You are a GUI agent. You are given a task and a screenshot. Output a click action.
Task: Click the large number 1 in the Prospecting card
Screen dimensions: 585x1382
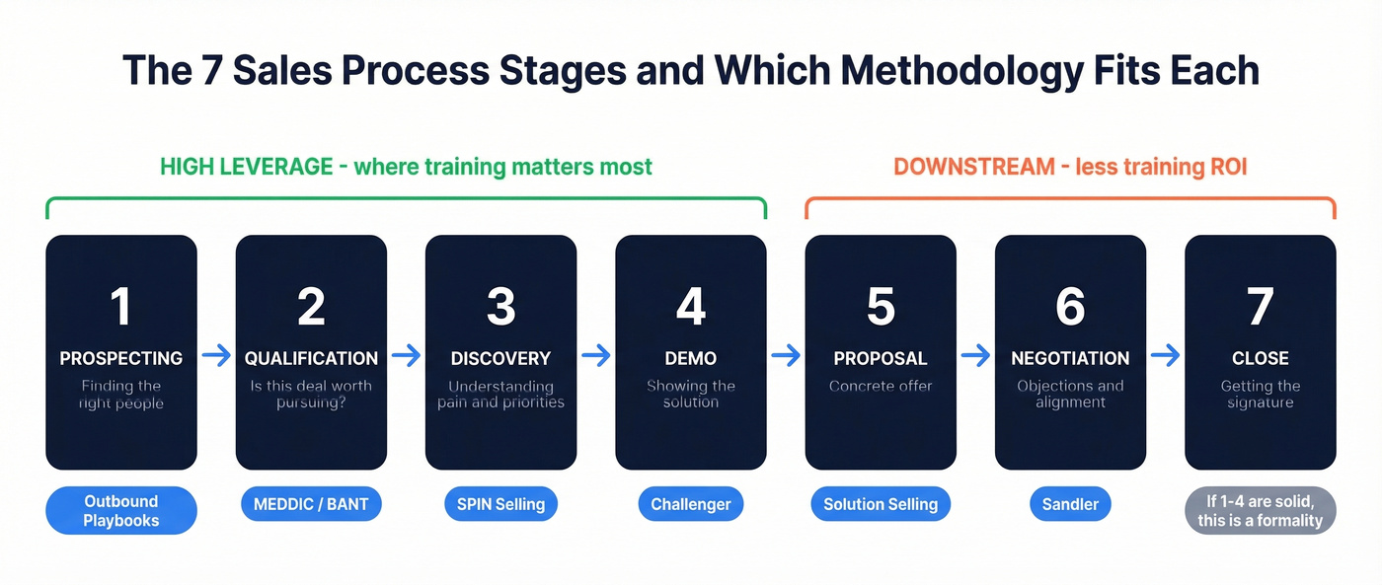[x=120, y=307]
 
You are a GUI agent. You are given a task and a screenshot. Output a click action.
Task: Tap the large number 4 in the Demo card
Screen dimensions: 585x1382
[x=690, y=307]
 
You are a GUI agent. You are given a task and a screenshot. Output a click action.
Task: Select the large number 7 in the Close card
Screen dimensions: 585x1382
[x=1260, y=307]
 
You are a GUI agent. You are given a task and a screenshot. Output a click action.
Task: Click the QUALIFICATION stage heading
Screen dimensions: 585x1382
[x=311, y=358]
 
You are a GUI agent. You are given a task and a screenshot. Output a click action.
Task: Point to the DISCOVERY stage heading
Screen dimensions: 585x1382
[x=500, y=358]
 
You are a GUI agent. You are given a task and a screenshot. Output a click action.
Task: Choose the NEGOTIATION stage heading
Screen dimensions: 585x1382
[x=1070, y=358]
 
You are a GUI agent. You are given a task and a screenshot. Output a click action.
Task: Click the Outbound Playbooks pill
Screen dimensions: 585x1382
[x=120, y=511]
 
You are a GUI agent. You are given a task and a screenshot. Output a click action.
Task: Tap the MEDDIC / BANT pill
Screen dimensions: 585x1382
[x=311, y=505]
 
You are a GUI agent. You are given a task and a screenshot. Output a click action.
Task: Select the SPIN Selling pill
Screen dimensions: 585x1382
[x=500, y=505]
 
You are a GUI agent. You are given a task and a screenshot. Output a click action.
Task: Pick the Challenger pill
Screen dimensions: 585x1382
[x=690, y=505]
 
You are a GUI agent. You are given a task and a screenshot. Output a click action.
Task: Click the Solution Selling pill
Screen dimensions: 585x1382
[x=881, y=505]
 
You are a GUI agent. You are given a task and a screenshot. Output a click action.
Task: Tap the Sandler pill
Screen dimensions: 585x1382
[x=1070, y=505]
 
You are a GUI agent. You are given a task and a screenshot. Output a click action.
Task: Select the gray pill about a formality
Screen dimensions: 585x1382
[x=1260, y=511]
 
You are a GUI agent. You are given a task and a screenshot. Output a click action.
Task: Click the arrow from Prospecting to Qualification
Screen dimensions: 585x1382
[x=216, y=356]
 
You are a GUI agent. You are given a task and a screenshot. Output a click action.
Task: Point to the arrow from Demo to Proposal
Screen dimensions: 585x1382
[x=786, y=356]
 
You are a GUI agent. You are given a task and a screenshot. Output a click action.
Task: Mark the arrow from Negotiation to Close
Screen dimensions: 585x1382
[x=1165, y=356]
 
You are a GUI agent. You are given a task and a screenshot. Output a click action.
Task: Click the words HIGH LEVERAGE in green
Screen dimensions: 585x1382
[x=246, y=167]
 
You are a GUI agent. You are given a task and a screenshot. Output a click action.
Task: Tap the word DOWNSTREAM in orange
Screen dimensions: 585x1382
[x=974, y=167]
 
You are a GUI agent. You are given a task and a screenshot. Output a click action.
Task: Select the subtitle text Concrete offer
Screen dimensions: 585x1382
[x=881, y=386]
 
